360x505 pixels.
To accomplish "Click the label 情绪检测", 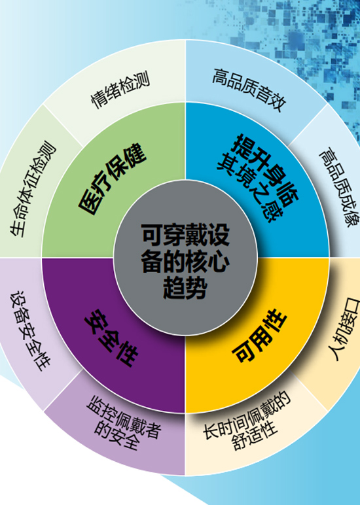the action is [x=120, y=90].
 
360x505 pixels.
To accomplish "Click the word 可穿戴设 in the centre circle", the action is [x=185, y=234].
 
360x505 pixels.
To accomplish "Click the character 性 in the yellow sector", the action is [x=275, y=320].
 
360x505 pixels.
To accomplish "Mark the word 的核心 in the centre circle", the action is [x=196, y=261].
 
